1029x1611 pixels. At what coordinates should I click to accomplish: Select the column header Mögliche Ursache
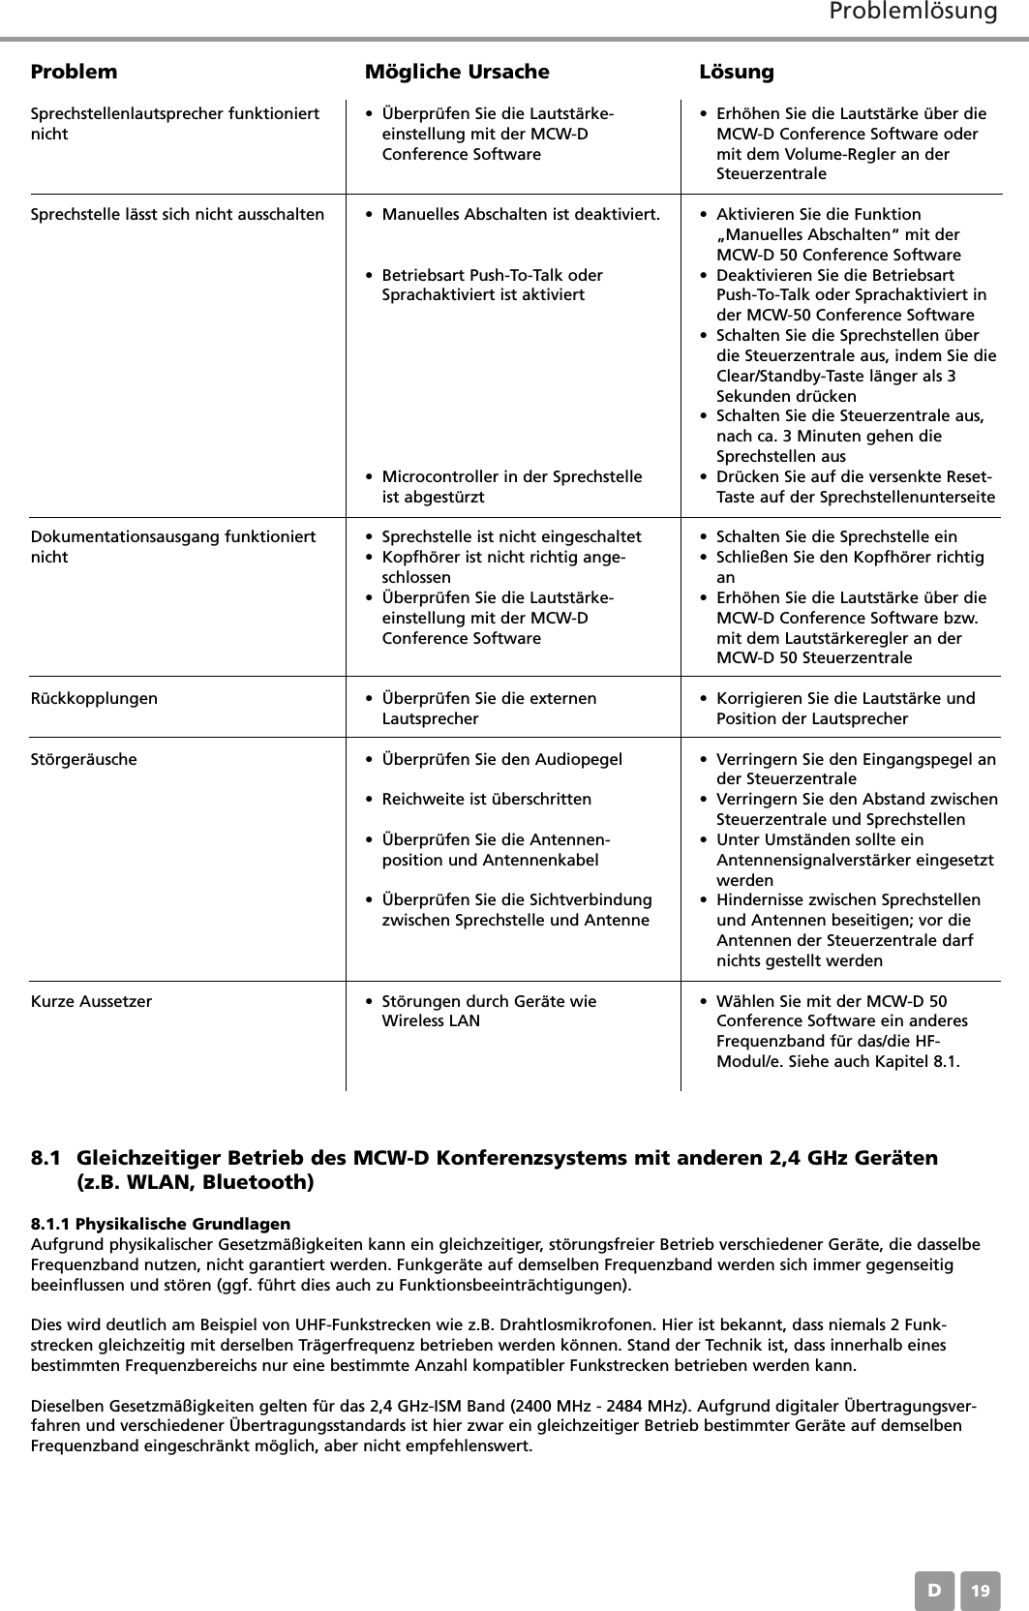coord(456,72)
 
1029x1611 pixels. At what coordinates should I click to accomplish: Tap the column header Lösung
coord(736,72)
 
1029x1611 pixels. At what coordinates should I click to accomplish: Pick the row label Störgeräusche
coord(84,759)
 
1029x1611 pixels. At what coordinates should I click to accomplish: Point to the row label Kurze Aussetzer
coord(92,1001)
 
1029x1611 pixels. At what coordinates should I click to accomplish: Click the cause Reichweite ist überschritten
coord(487,800)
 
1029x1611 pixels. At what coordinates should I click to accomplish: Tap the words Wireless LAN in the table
coord(431,1021)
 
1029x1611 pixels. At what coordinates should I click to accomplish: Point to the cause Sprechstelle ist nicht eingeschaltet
coord(511,536)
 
